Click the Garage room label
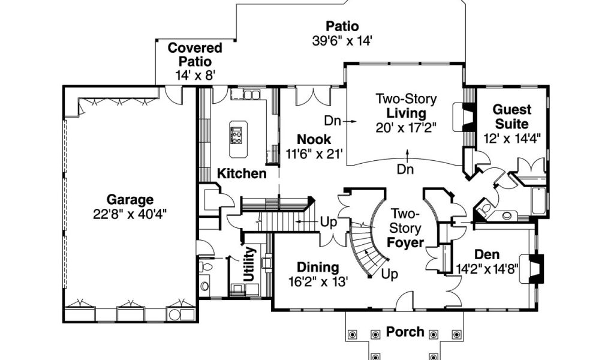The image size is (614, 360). click(130, 200)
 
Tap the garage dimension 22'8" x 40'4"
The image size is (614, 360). click(130, 214)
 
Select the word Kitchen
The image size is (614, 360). click(242, 173)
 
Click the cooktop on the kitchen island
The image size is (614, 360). click(236, 136)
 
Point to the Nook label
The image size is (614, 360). click(314, 139)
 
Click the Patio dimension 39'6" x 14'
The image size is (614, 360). click(342, 41)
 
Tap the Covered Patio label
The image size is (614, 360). click(195, 55)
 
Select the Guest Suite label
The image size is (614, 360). click(512, 116)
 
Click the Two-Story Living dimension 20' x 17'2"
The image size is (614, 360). click(406, 128)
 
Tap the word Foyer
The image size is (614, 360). click(405, 243)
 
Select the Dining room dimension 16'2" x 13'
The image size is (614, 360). click(318, 281)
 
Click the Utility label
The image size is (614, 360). click(249, 263)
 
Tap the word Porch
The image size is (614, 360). click(405, 332)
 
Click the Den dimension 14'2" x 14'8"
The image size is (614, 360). click(487, 269)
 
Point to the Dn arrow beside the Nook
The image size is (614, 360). click(350, 121)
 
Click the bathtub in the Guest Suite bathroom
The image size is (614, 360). click(538, 200)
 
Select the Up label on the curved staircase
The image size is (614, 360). click(389, 274)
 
